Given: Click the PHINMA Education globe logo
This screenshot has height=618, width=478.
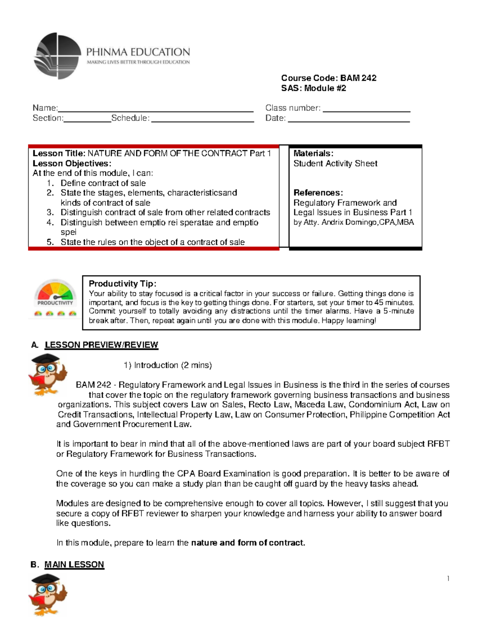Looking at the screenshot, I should (x=58, y=56).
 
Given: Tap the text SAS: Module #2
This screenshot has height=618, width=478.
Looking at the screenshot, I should (x=313, y=88).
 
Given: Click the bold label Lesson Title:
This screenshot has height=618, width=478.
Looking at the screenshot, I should (x=59, y=154).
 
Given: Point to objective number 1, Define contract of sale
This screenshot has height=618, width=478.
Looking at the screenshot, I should (x=103, y=183).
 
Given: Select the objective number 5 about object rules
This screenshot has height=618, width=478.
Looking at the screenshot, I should (x=152, y=242).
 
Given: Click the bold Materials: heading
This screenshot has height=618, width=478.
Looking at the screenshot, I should (x=313, y=154).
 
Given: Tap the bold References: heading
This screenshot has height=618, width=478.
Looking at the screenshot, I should (x=318, y=193).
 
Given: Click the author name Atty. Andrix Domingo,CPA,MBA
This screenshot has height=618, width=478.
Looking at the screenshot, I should (x=353, y=222).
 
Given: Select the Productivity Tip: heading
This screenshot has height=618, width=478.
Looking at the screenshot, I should (x=122, y=284).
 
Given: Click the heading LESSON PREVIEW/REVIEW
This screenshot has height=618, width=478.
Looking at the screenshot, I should (x=101, y=345).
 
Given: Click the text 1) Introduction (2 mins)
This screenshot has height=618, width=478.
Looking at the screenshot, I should (x=168, y=365).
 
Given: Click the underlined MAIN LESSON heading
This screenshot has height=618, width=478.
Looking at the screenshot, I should (x=74, y=565).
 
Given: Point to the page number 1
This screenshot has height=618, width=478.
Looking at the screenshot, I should (x=448, y=579).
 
